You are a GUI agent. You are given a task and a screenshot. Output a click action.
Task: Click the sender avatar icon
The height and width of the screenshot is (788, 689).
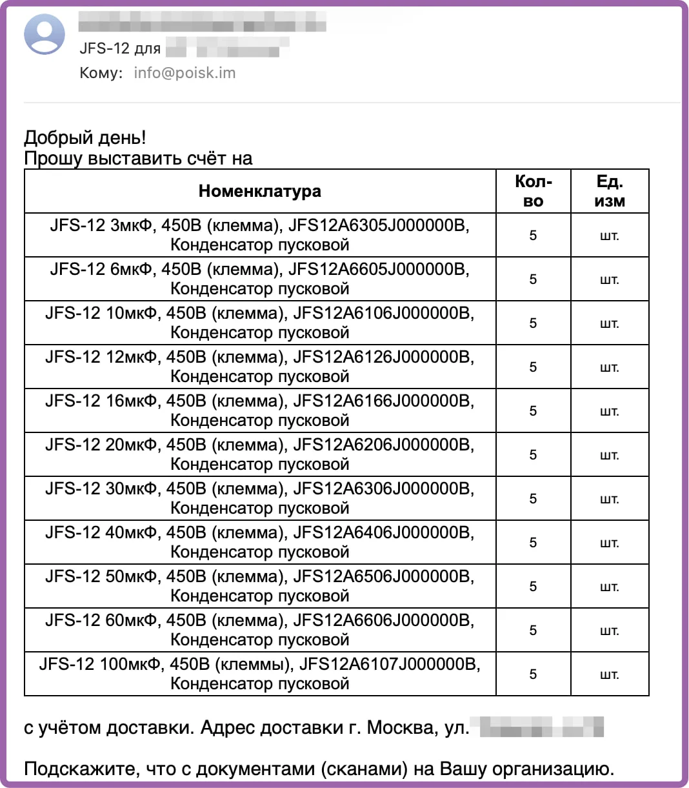click(x=45, y=34)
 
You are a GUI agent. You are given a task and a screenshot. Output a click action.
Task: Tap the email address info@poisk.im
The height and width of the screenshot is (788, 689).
click(x=185, y=73)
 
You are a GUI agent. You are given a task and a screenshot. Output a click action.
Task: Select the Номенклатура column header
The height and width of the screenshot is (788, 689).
click(x=259, y=191)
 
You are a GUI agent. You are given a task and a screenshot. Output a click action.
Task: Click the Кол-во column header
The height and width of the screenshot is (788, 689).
click(x=533, y=191)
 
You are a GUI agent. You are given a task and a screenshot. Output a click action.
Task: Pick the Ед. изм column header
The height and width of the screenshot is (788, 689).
click(x=609, y=191)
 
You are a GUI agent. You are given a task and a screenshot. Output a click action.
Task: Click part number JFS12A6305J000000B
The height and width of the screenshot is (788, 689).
click(x=378, y=225)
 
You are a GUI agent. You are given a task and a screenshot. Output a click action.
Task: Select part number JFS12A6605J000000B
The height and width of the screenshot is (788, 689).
click(x=378, y=269)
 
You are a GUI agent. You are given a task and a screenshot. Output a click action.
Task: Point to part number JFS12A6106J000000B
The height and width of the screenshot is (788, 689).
click(x=383, y=313)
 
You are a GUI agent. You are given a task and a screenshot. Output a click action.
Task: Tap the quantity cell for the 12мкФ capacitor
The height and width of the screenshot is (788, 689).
click(x=533, y=367)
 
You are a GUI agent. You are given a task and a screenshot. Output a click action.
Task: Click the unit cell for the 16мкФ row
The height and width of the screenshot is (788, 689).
click(x=609, y=411)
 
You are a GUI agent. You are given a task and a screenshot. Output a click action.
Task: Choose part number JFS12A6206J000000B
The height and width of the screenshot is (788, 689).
click(x=383, y=445)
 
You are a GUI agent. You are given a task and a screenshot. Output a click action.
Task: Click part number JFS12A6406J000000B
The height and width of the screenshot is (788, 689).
click(x=383, y=532)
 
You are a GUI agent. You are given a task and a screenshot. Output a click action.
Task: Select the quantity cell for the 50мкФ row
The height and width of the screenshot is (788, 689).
click(x=533, y=587)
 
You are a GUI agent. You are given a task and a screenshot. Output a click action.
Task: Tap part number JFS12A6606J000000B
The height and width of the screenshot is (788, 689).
click(x=383, y=620)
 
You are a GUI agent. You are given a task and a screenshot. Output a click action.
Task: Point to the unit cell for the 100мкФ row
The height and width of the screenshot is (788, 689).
click(x=609, y=674)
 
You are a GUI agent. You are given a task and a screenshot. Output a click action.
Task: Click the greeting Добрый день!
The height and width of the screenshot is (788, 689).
click(x=85, y=137)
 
